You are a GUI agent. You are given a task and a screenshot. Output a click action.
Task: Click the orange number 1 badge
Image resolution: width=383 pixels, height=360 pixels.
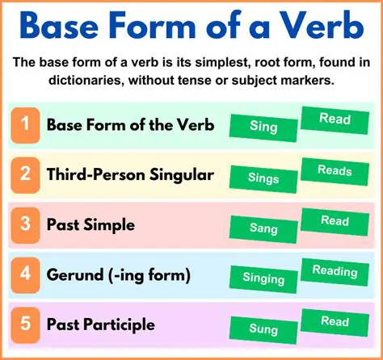[x=25, y=125]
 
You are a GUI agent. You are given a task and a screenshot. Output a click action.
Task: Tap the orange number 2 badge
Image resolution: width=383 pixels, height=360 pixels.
[x=25, y=175]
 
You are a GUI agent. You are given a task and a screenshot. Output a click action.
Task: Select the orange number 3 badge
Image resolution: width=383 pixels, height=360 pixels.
[x=25, y=225]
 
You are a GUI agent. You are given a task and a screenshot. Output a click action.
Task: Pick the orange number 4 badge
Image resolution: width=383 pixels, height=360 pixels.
[x=25, y=275]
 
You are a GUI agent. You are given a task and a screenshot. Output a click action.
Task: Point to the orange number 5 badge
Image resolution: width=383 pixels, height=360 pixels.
[x=25, y=325]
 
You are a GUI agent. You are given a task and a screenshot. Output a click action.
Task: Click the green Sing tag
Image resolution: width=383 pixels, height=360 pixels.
[x=263, y=127]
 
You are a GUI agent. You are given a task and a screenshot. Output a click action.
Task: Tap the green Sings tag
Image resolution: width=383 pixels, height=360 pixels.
[x=263, y=178]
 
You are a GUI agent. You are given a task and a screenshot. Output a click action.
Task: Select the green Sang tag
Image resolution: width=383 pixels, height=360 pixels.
[x=263, y=228]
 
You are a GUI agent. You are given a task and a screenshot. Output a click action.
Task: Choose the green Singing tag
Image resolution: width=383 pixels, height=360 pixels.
[x=263, y=278]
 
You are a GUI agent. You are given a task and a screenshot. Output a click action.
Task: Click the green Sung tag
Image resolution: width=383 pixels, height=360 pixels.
[x=263, y=329]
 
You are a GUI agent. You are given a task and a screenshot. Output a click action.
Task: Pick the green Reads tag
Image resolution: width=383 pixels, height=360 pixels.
[x=335, y=171]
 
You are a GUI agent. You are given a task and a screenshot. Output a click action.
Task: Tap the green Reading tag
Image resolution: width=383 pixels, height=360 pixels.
[x=335, y=271]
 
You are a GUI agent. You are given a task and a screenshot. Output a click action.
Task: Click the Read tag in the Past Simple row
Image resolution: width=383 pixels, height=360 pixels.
[x=335, y=220]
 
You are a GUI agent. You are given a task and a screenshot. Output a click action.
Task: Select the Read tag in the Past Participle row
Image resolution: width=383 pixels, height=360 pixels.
[x=335, y=321]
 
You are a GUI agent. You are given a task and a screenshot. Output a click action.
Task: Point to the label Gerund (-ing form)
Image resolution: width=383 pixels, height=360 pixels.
[x=118, y=275]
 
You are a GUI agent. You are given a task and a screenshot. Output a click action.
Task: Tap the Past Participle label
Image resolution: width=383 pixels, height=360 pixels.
[x=99, y=325]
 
